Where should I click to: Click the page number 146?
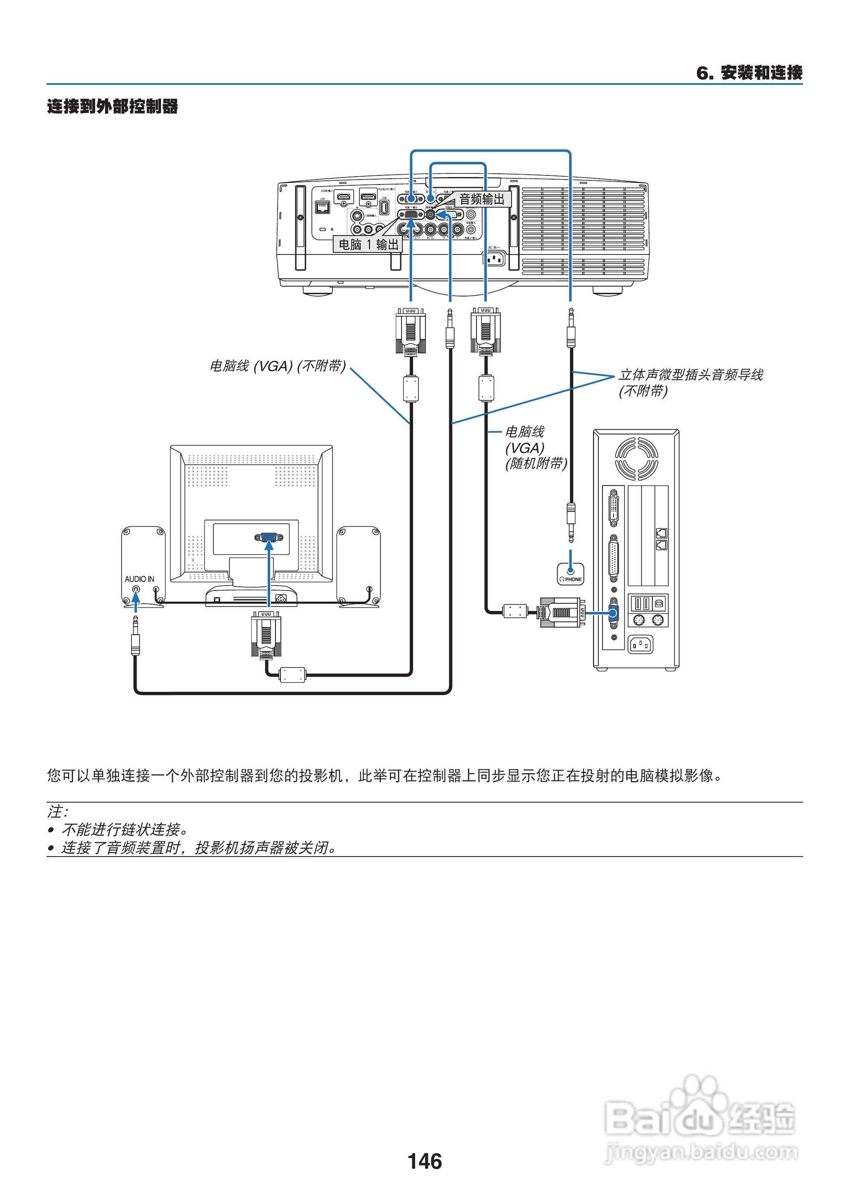tap(425, 1161)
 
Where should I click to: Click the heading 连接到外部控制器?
tap(112, 106)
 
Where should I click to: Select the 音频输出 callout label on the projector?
tap(481, 199)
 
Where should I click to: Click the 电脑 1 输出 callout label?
tap(368, 244)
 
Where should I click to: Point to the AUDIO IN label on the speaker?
tap(139, 579)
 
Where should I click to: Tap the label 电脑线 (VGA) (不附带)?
tap(278, 366)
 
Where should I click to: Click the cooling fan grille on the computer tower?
tap(636, 459)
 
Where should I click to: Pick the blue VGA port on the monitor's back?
tap(269, 537)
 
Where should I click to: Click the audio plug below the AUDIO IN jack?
tap(135, 636)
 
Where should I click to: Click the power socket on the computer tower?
tap(640, 645)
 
